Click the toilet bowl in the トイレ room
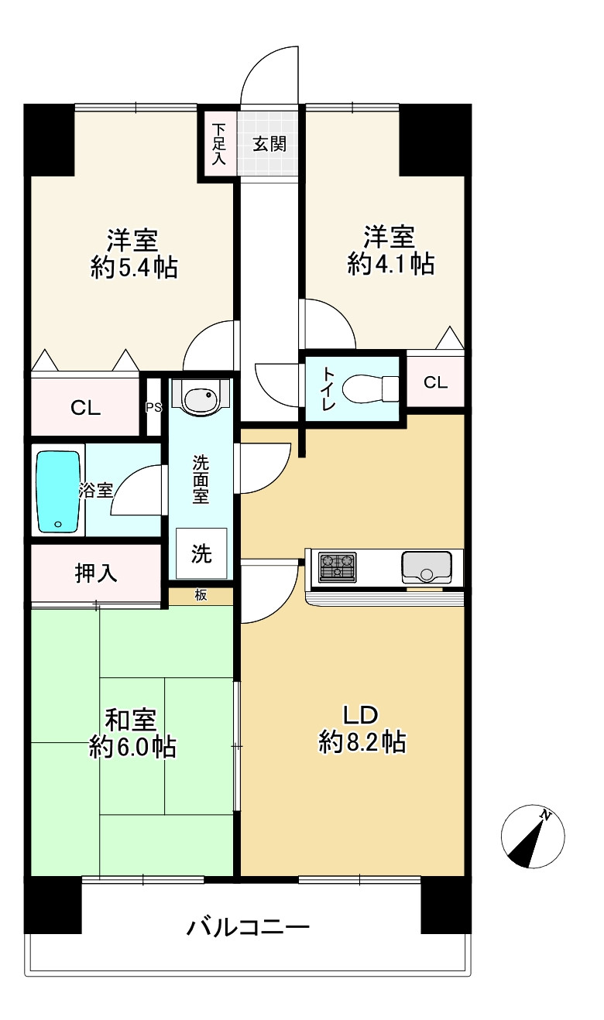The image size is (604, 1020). (370, 388)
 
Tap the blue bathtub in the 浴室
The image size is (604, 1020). (58, 491)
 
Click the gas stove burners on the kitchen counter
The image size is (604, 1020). (337, 567)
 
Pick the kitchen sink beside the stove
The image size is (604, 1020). (427, 567)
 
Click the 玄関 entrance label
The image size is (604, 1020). (269, 145)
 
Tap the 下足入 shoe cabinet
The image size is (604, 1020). (219, 144)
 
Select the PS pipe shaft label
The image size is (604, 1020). (153, 408)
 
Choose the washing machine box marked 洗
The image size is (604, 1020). (201, 553)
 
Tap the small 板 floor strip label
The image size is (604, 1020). (201, 594)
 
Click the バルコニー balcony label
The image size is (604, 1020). (249, 927)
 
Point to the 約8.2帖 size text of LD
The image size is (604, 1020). (362, 742)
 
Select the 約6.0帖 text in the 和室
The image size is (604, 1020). (132, 747)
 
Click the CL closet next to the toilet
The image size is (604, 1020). (435, 382)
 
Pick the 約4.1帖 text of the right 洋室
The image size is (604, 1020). (391, 264)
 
